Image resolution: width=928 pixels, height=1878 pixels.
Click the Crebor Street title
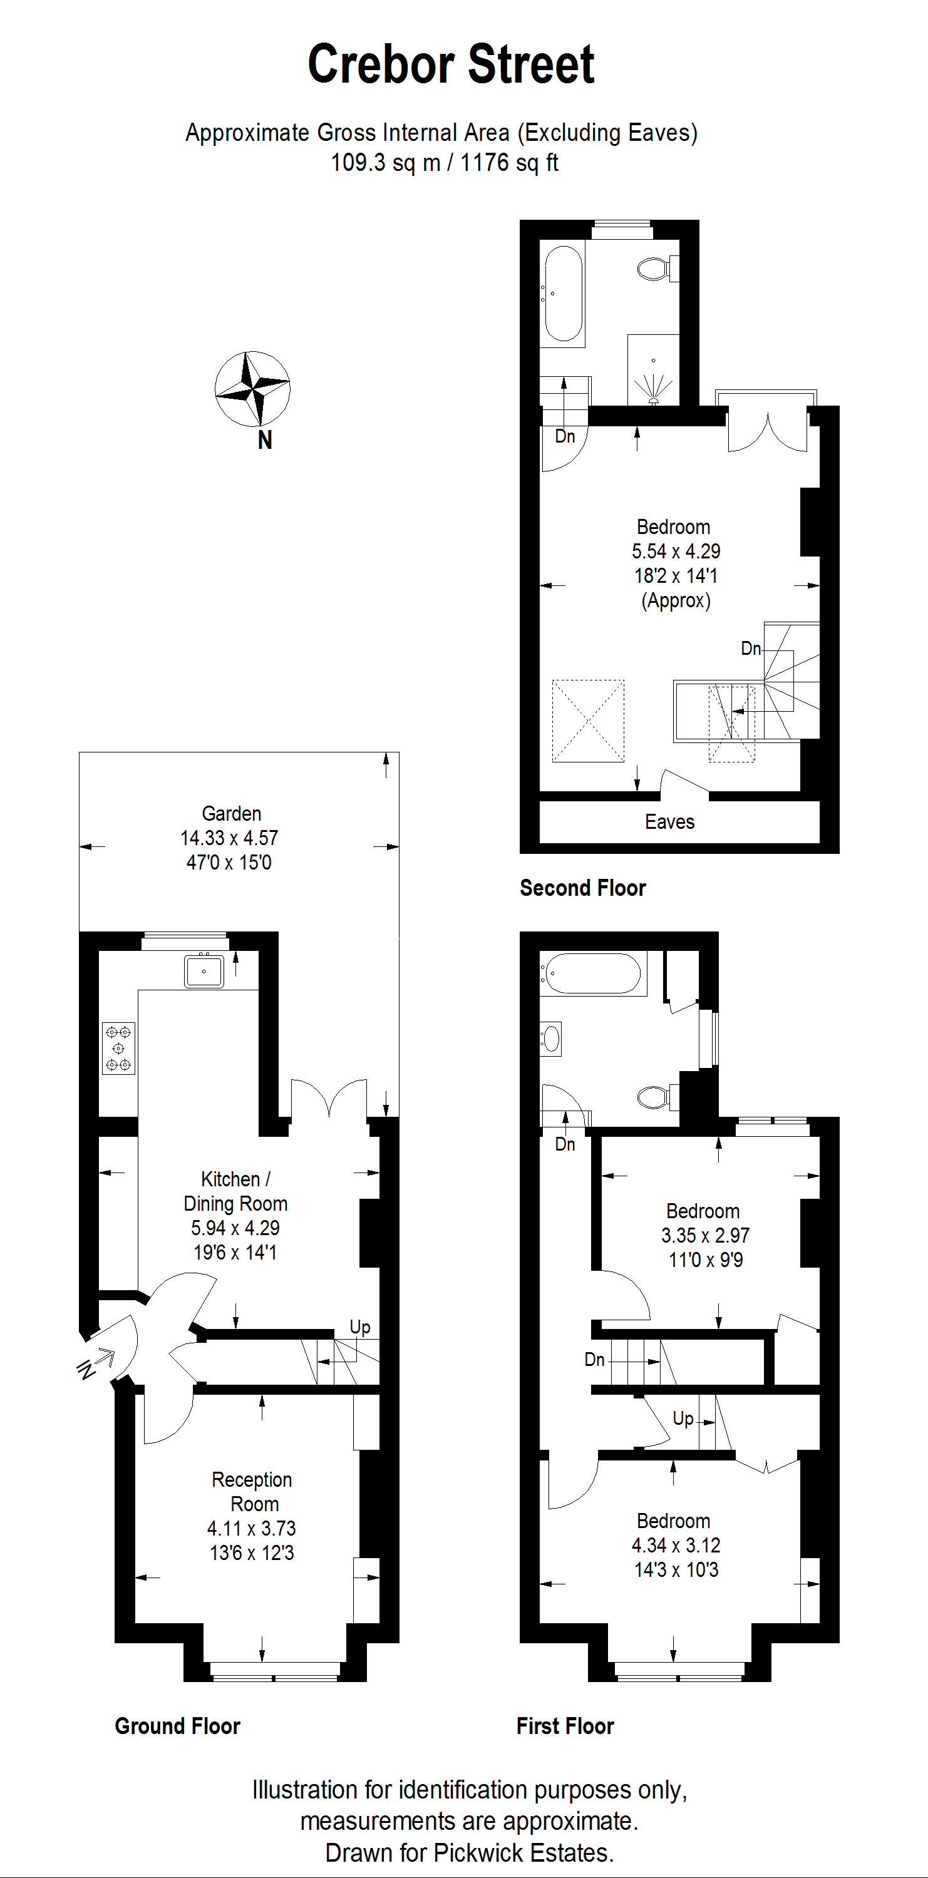[451, 64]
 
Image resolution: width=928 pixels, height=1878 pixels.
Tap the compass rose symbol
[252, 389]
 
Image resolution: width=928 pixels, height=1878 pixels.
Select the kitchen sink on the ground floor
[204, 970]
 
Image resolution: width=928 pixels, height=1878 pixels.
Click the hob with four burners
[118, 1049]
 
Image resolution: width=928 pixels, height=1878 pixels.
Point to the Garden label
[231, 814]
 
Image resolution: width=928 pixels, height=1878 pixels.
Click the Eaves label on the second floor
[669, 821]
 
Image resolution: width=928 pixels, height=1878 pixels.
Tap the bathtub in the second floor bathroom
[564, 294]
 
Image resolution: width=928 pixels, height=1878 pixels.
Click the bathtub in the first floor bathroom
[592, 973]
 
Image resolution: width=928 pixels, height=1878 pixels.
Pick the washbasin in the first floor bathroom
[551, 1038]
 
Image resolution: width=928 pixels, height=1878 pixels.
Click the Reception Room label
[252, 1492]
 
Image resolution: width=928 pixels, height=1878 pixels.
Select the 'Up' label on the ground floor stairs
[360, 1327]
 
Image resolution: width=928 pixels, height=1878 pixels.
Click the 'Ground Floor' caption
[177, 1726]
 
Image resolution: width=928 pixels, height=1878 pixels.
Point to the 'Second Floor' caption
[582, 887]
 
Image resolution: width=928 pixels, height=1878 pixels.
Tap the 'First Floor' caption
[565, 1726]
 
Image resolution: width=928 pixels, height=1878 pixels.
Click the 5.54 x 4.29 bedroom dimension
[676, 551]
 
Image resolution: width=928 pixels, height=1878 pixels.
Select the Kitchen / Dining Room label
[235, 1191]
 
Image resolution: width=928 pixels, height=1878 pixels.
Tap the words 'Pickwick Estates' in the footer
[523, 1852]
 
